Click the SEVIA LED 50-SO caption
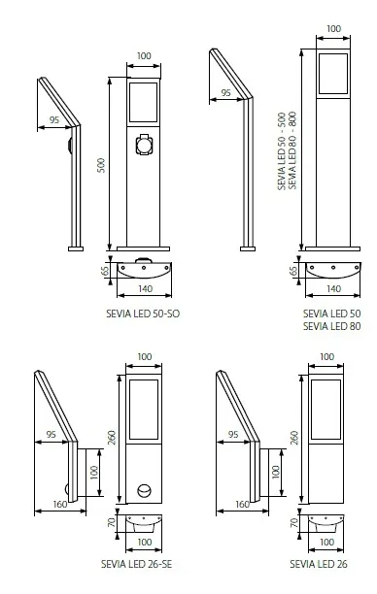tap(143, 313)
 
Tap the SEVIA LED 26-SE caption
tap(137, 564)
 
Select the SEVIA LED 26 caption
tap(319, 564)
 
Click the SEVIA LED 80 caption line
tap(332, 326)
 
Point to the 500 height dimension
tap(101, 165)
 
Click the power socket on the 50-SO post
tap(145, 145)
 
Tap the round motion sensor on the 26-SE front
tap(144, 491)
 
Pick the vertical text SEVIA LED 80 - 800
tap(292, 150)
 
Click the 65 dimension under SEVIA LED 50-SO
tap(105, 271)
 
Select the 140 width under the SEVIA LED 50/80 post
tap(333, 289)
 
